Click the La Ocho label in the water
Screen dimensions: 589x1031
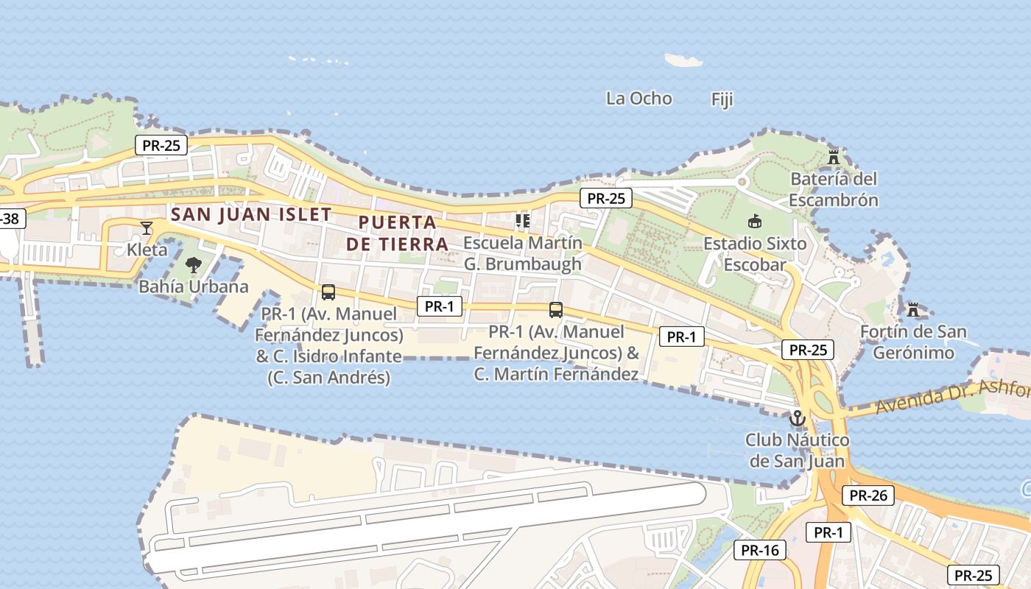(638, 98)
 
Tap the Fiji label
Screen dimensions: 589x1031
(722, 99)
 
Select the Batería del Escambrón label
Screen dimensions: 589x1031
(834, 189)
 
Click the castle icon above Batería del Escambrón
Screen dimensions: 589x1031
(834, 157)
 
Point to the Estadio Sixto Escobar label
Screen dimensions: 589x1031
(755, 254)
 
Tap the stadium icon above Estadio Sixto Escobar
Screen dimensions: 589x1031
(754, 221)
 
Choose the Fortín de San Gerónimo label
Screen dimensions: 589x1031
(913, 342)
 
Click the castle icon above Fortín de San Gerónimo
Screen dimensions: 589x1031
(913, 310)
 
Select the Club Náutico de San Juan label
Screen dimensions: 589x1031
(797, 451)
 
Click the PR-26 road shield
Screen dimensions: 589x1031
(868, 495)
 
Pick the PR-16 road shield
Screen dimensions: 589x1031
(760, 549)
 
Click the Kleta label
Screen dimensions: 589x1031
(147, 250)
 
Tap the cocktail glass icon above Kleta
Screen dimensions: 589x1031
(147, 228)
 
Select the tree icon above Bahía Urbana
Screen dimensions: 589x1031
(194, 265)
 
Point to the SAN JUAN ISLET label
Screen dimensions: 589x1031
(250, 214)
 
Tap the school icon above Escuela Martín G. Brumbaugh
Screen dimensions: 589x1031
(523, 220)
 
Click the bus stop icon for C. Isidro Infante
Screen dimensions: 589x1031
(328, 292)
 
